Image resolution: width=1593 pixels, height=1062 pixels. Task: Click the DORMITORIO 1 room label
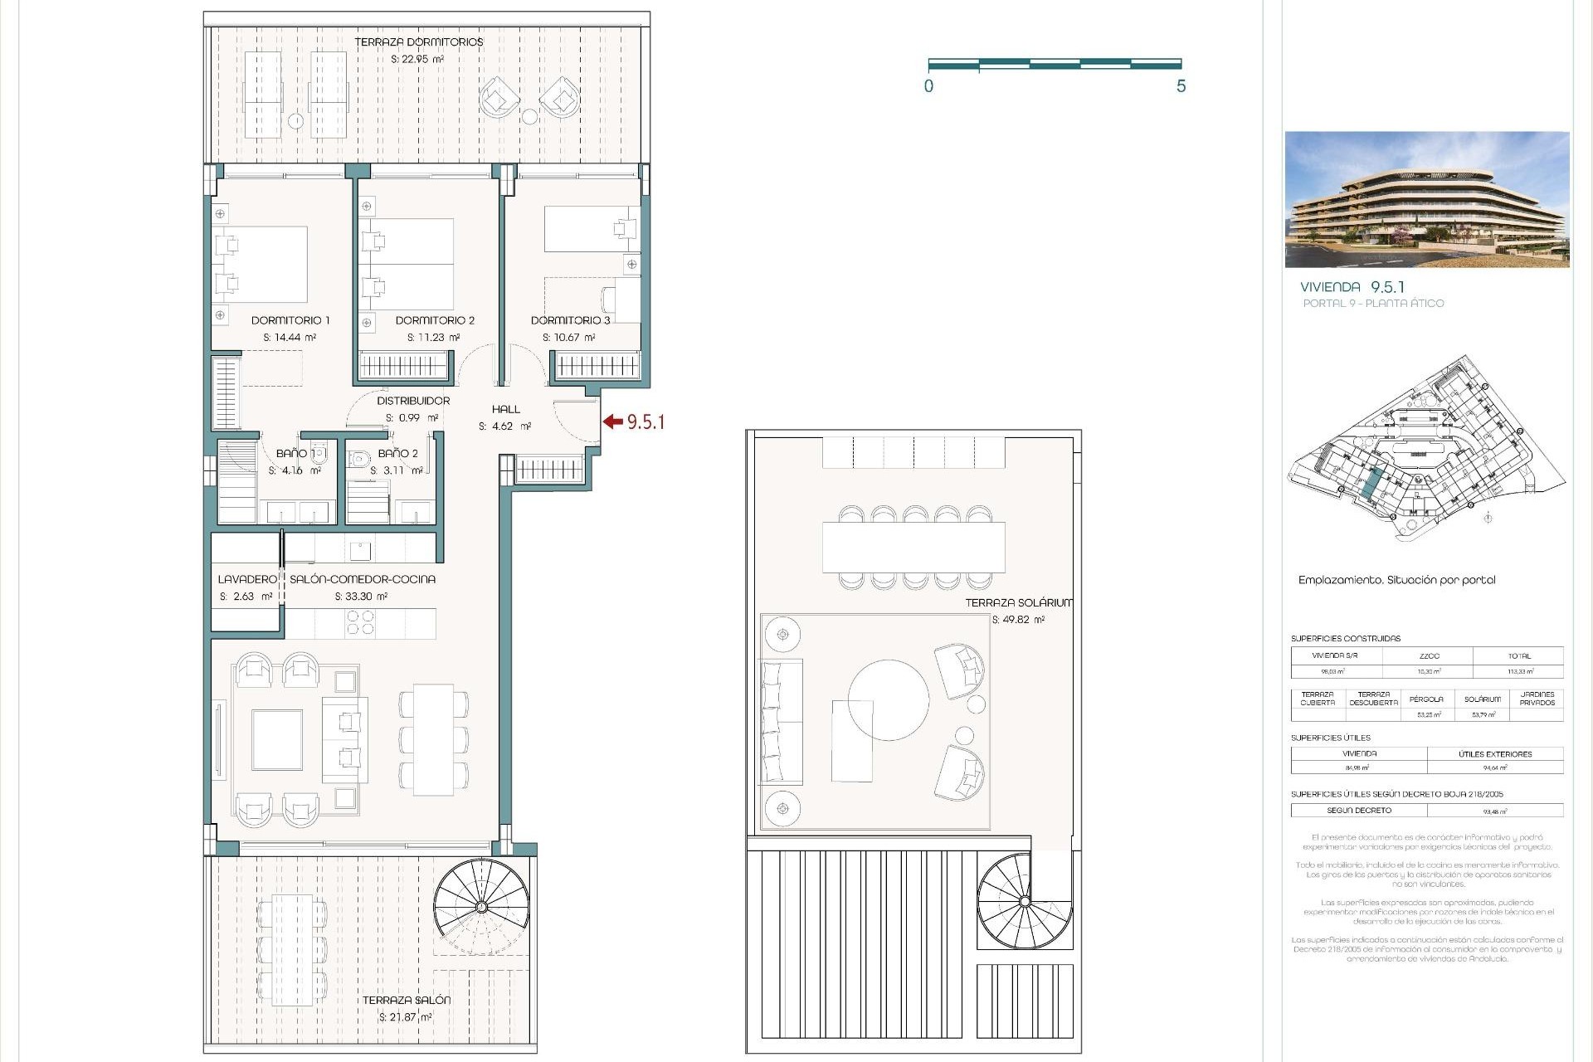coord(290,320)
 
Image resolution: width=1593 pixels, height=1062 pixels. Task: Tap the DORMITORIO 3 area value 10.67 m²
coord(569,338)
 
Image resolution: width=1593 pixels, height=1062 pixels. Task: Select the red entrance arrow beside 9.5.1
coord(613,421)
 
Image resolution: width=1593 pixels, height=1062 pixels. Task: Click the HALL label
coord(505,409)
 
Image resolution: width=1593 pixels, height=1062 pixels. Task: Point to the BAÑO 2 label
coord(397,454)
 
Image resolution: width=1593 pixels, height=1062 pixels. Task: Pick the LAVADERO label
coord(246,579)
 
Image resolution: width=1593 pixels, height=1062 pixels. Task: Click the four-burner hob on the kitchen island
coord(360,622)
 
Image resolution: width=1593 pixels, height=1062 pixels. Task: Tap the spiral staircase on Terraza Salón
coord(481,906)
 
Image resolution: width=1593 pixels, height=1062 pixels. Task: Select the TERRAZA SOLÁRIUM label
coord(1018,603)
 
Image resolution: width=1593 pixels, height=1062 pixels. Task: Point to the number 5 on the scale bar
coord(1181,86)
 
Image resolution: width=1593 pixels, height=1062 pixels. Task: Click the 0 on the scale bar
coord(928,86)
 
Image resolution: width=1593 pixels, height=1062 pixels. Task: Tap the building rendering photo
coord(1426,199)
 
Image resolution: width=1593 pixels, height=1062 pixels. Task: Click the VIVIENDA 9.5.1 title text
coord(1352,287)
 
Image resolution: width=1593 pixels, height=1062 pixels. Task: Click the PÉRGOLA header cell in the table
coord(1426,699)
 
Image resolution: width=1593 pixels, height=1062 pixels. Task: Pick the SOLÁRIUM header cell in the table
coord(1483,699)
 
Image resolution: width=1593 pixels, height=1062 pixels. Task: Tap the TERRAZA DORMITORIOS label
coord(418,42)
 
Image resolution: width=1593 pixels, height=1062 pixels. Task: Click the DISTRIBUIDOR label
coord(413,401)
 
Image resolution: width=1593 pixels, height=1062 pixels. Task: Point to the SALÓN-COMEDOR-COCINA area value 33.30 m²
coord(361,597)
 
